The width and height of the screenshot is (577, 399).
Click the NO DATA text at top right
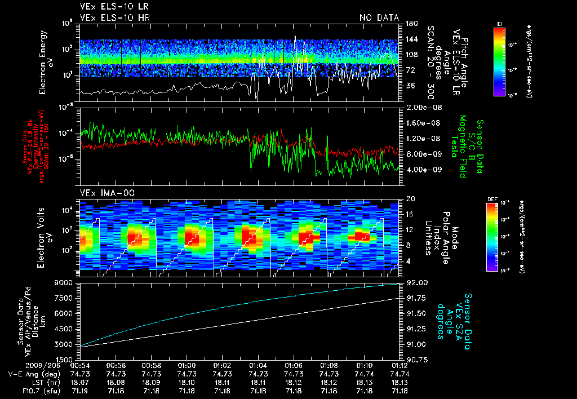tap(379, 18)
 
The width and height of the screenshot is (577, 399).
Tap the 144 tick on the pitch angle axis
tap(411, 39)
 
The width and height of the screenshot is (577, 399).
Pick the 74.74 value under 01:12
tap(399, 374)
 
